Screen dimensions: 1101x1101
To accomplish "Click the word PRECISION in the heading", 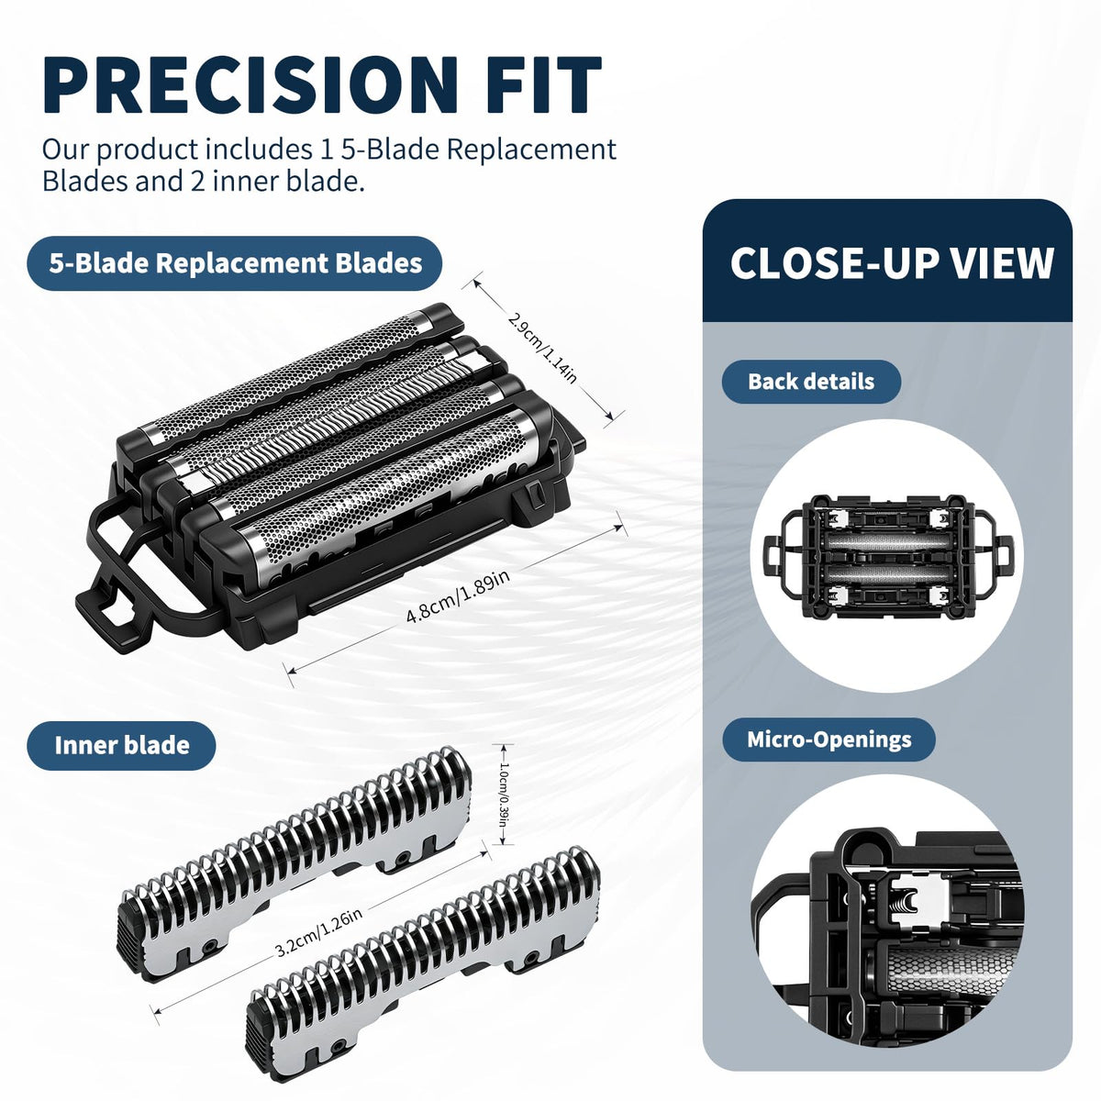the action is [250, 84].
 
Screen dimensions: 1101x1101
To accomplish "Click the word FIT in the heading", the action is [544, 84].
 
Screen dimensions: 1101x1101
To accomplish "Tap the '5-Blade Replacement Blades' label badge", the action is [235, 263].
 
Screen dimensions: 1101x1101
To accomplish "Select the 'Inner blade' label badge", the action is [122, 746].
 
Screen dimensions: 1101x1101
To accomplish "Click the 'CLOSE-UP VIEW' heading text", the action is [891, 263].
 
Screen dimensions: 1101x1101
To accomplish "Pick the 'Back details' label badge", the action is [811, 382].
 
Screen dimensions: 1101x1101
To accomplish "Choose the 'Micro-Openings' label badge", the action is [829, 740].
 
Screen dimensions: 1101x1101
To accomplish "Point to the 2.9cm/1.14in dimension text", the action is [542, 349].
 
